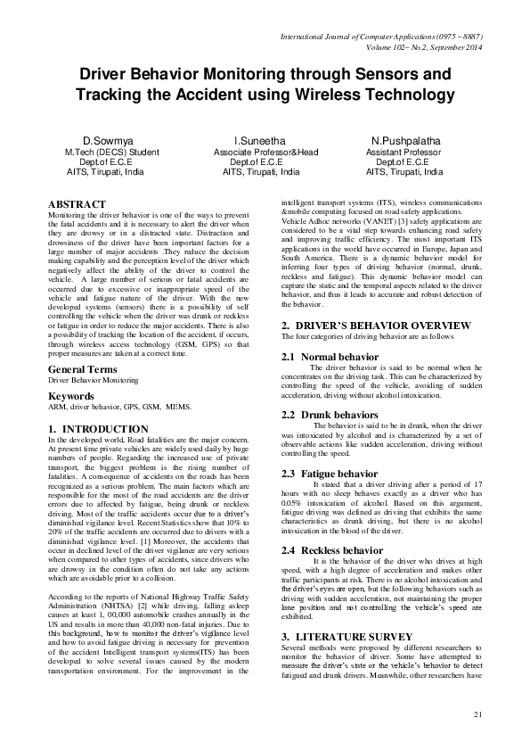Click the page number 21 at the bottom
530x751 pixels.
[x=477, y=714]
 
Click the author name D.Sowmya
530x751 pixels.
[x=107, y=141]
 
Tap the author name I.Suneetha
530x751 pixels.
[x=259, y=141]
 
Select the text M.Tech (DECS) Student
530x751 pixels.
[x=112, y=153]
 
